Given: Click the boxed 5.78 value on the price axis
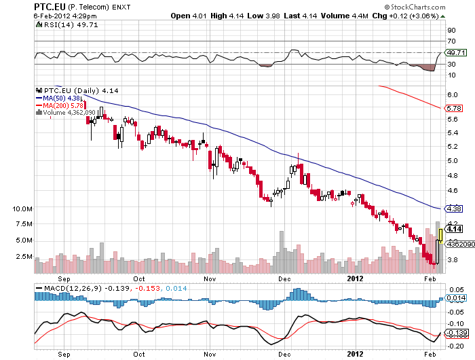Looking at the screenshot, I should coord(453,108).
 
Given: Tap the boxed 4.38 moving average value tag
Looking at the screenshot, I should coord(453,209).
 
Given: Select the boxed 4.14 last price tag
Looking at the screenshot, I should coord(453,231).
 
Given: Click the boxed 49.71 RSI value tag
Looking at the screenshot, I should coord(455,52).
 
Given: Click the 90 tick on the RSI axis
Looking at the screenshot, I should coord(450,30).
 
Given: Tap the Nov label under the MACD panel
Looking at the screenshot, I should coord(211,354).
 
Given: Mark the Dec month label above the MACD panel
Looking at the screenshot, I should coord(284,278).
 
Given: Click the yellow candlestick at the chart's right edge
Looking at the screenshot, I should coord(441,235).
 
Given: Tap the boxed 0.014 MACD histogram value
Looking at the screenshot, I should coord(454,298).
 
